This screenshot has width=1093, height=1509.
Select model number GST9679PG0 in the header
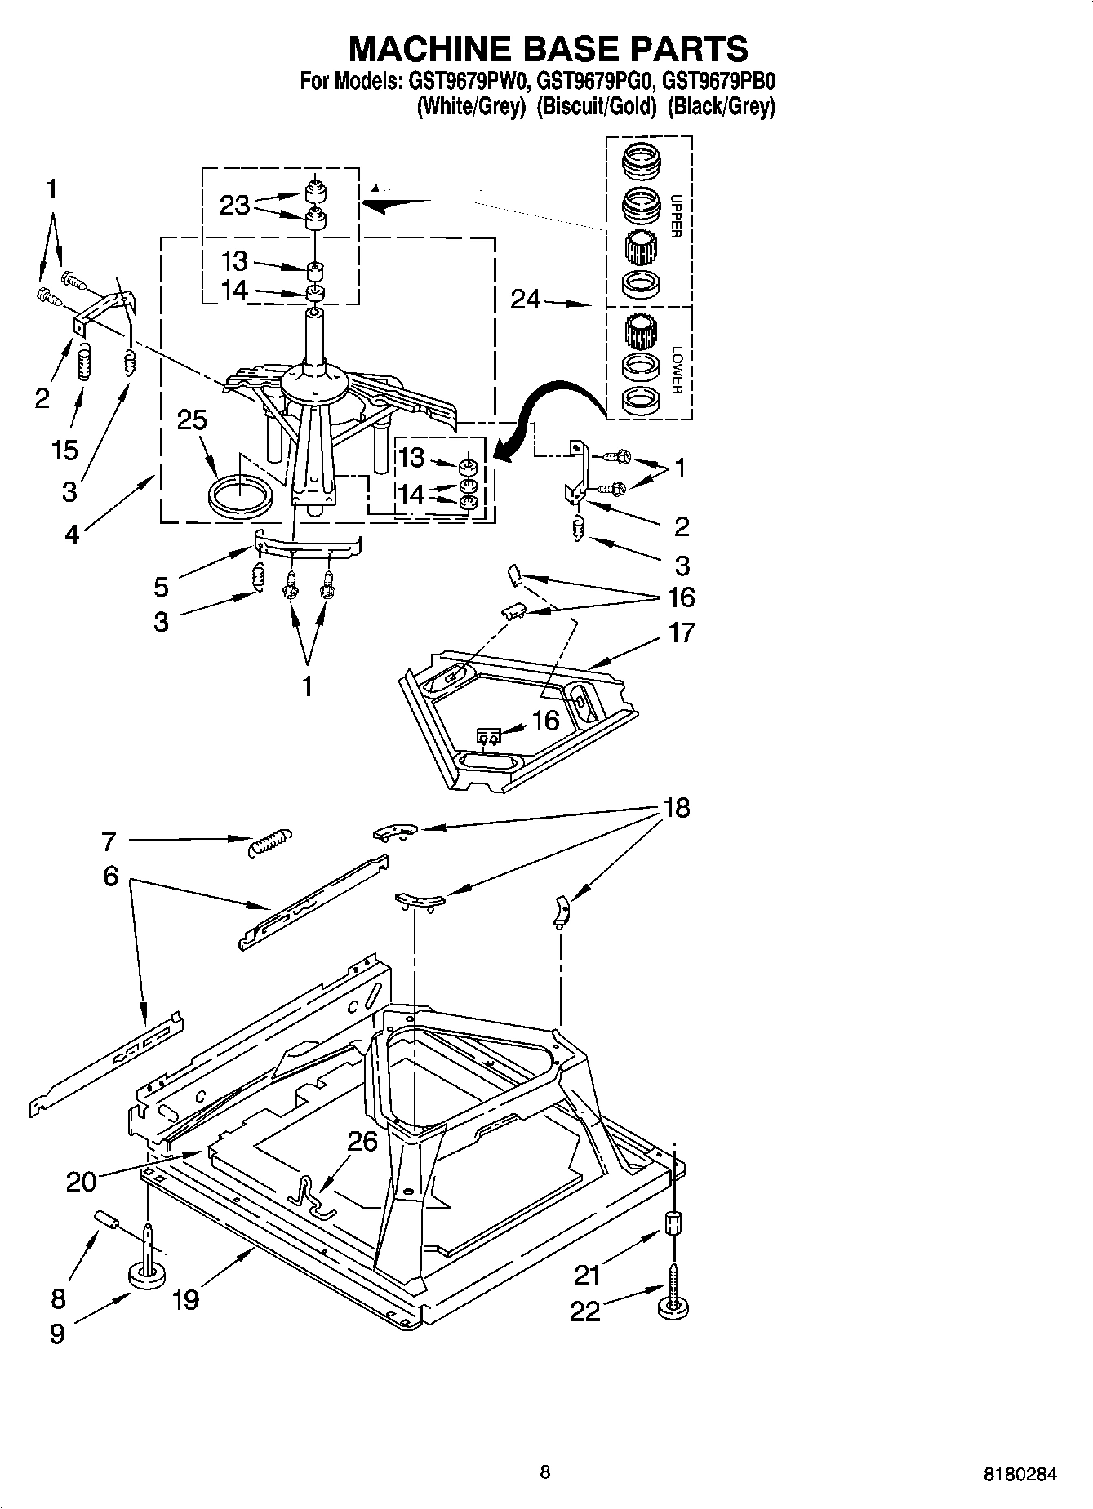(597, 82)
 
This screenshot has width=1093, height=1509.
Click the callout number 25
(192, 420)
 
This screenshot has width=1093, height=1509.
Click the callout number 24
(525, 300)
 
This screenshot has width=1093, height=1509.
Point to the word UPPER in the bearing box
(675, 216)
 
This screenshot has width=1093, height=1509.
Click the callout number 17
(682, 632)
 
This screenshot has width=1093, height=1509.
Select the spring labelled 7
(269, 841)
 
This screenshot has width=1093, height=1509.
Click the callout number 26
(362, 1141)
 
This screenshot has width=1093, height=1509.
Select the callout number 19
(186, 1299)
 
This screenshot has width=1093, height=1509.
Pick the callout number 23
(234, 205)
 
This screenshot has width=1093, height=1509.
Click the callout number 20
(81, 1181)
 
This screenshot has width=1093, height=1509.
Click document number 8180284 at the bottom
(1020, 1474)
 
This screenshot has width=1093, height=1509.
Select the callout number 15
(65, 449)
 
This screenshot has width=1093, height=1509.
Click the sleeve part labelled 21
(672, 1223)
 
